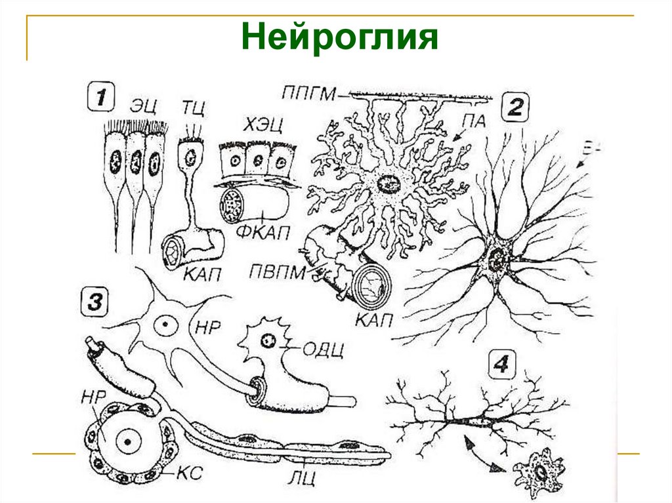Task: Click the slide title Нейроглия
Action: (339, 37)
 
